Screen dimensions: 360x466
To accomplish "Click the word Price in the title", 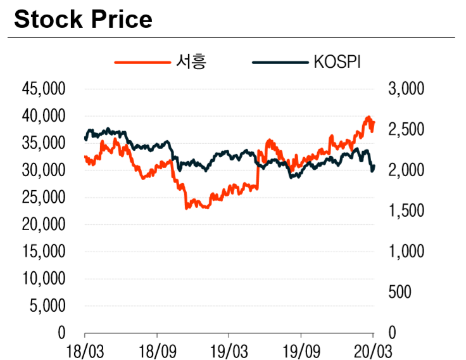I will (x=120, y=20).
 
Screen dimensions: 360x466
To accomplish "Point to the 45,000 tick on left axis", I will (x=44, y=89).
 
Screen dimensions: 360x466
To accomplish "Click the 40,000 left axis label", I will (x=44, y=116).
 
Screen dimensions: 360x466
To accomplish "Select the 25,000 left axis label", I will (x=44, y=197).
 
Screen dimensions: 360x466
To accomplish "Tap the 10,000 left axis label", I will (x=44, y=278).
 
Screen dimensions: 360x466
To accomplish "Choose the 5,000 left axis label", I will (x=47, y=305).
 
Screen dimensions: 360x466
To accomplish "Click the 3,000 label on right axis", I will (x=405, y=89).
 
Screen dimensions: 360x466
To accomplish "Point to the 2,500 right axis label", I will (x=405, y=129).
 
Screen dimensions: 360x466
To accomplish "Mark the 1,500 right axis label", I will (x=405, y=210).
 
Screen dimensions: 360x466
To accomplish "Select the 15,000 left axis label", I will (x=44, y=252).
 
